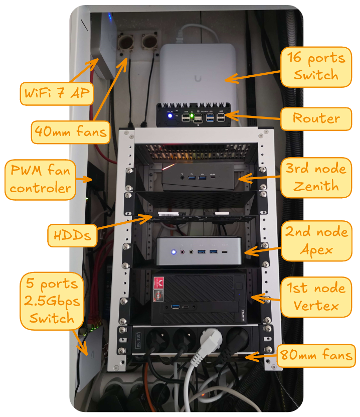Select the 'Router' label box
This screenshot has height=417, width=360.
(x=316, y=119)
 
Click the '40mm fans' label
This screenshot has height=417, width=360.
(x=71, y=131)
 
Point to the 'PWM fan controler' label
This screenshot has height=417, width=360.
(x=41, y=179)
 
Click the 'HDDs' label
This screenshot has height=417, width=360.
(x=73, y=234)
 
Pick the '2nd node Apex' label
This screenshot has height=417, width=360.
(x=316, y=240)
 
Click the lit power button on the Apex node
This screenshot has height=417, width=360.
(x=173, y=252)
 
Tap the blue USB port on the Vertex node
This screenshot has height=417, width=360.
(x=175, y=307)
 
